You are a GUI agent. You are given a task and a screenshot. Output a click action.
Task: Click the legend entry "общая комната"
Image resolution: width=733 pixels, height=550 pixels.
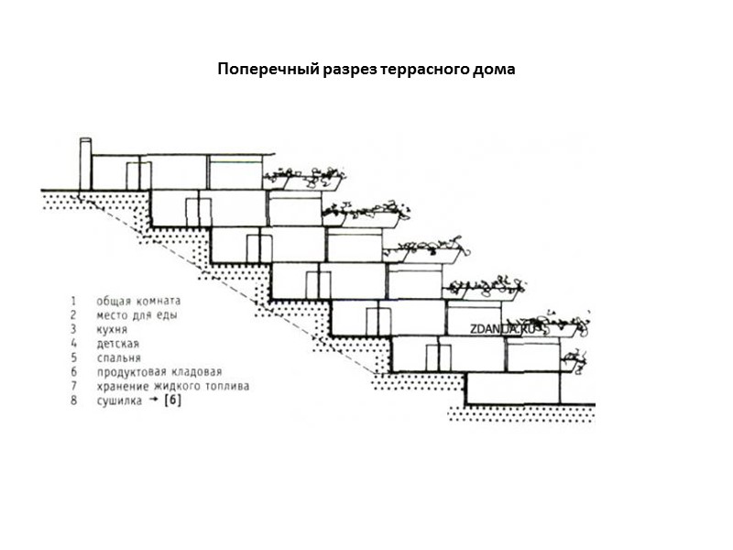coord(137,301)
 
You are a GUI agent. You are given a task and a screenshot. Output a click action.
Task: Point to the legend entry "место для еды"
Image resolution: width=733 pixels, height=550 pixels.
coord(136,314)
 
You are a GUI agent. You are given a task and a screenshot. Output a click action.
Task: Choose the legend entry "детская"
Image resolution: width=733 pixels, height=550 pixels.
coord(117,344)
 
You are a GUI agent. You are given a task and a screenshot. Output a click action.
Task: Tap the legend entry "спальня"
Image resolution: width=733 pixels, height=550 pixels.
coord(119,357)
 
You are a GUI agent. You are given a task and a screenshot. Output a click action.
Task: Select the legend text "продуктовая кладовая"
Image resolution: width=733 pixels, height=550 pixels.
coord(159,372)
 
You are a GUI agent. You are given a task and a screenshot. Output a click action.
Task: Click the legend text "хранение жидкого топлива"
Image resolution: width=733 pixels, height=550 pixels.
coord(171,386)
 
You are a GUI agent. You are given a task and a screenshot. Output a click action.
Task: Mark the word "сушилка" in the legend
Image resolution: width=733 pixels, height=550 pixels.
coord(117,401)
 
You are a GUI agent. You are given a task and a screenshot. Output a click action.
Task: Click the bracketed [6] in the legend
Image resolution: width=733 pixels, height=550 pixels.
coord(172,401)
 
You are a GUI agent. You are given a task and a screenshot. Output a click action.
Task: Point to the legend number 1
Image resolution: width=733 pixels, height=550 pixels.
coord(72,301)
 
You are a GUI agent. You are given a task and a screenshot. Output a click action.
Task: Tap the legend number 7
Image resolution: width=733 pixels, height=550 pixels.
coord(72,386)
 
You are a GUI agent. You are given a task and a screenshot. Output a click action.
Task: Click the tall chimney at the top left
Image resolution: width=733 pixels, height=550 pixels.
coord(85,164)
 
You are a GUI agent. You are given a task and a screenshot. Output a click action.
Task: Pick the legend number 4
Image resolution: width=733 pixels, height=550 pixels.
coord(72,344)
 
